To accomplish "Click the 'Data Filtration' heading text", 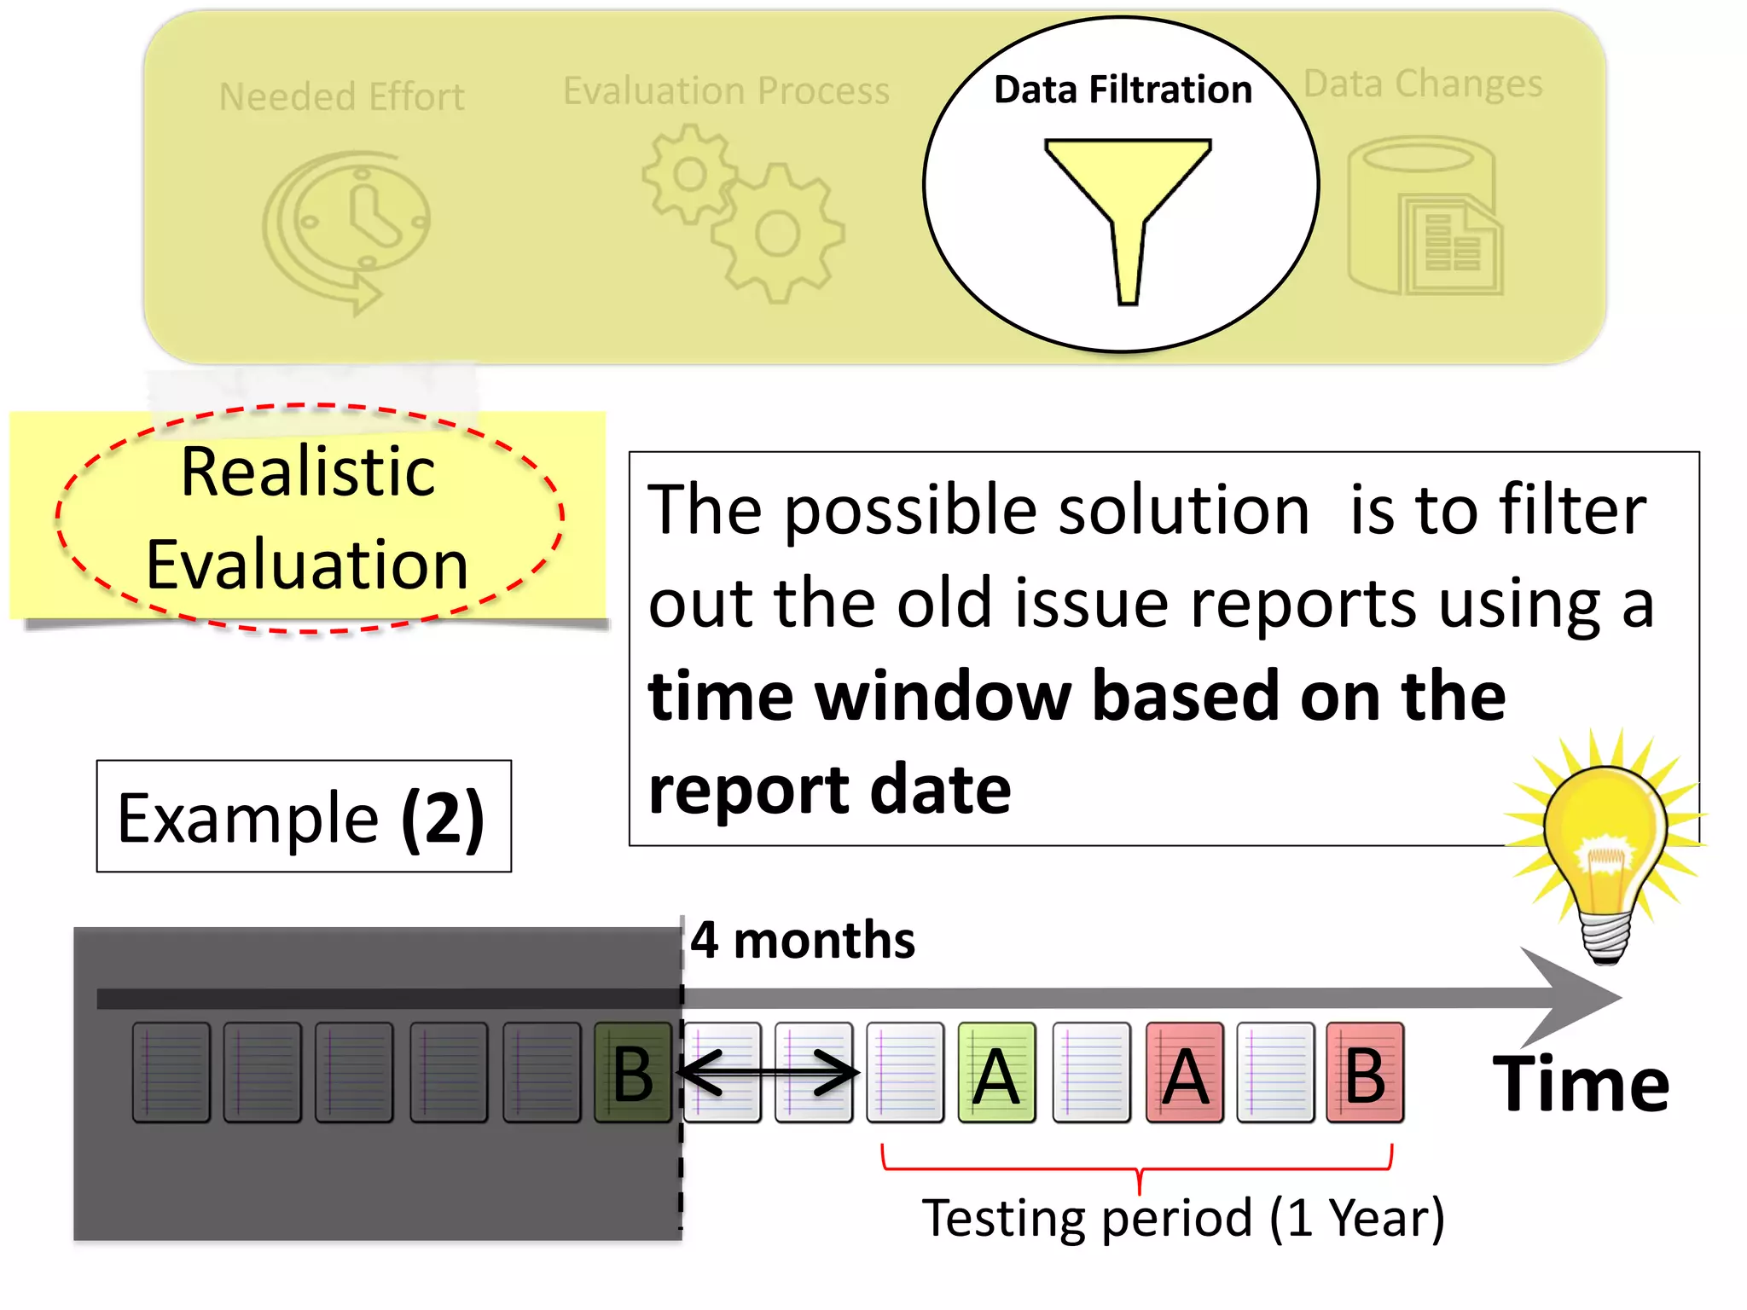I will pos(1123,90).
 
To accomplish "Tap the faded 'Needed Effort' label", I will pos(341,97).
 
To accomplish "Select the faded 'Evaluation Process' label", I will pos(726,91).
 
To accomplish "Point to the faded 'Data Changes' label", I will pos(1423,84).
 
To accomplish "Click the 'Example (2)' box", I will pos(304,817).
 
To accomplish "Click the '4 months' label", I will pos(802,941).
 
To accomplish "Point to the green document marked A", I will pos(996,1073).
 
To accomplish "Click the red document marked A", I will pos(1185,1073).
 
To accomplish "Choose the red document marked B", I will pos(1365,1073).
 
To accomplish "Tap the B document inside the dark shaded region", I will pos(633,1073).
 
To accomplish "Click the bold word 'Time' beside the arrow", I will pos(1581,1084).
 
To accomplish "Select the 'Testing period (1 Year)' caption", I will pos(1183,1218).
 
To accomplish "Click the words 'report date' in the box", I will pos(829,790).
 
